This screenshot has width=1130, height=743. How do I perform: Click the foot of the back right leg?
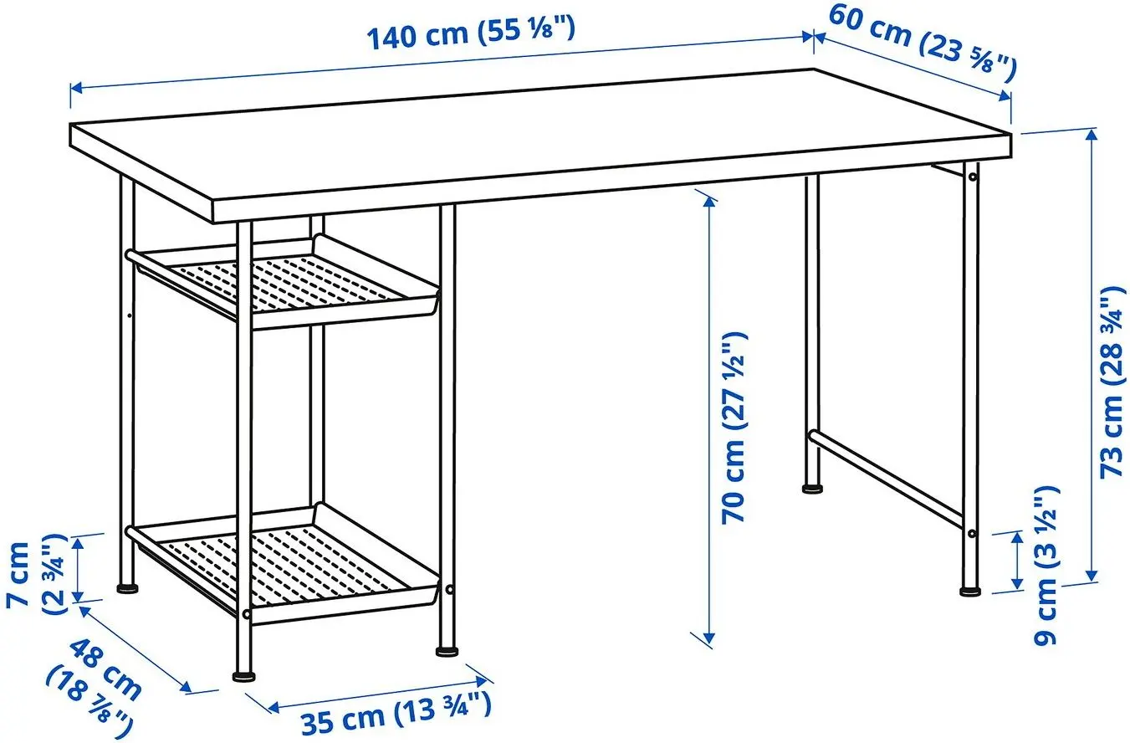[x=811, y=487]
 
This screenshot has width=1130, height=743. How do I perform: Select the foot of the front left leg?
[x=243, y=672]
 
